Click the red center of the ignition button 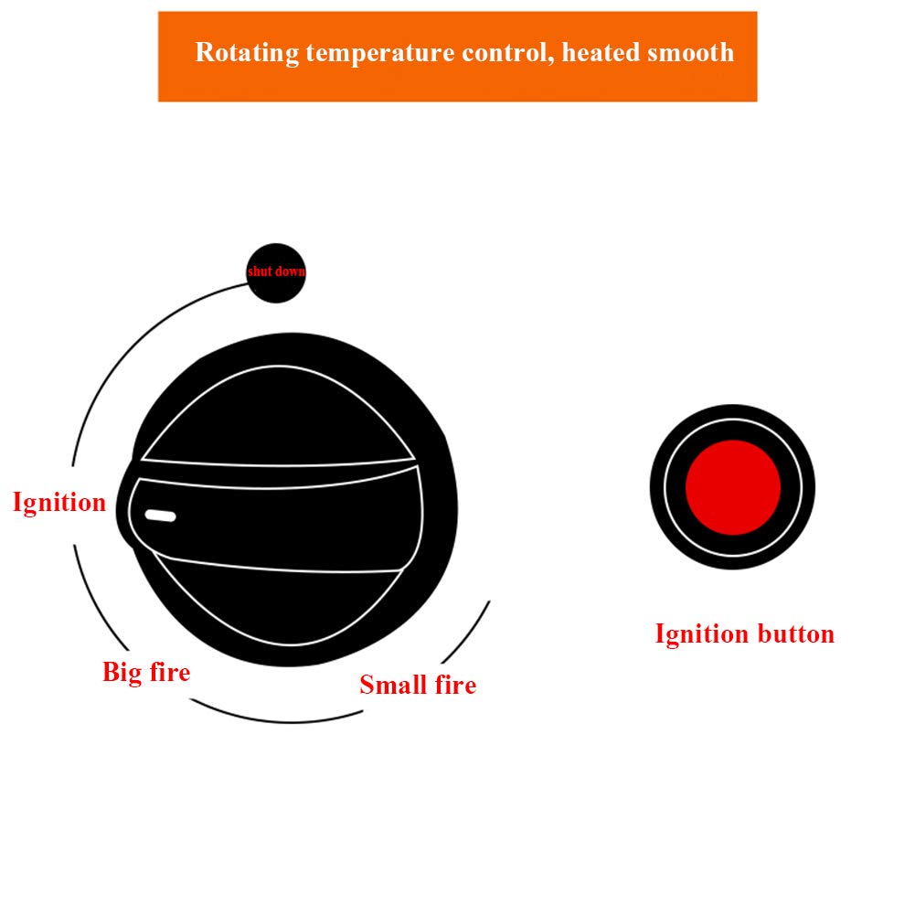point(733,486)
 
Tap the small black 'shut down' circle point(276,272)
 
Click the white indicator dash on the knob point(161,517)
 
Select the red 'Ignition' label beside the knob point(59,502)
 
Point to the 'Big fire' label point(146,673)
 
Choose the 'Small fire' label point(418,685)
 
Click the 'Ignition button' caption point(744,633)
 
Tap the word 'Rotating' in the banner point(248,52)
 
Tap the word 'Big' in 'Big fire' point(121,673)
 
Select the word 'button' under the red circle point(795,633)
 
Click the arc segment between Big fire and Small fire point(274,719)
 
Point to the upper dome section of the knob point(274,411)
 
